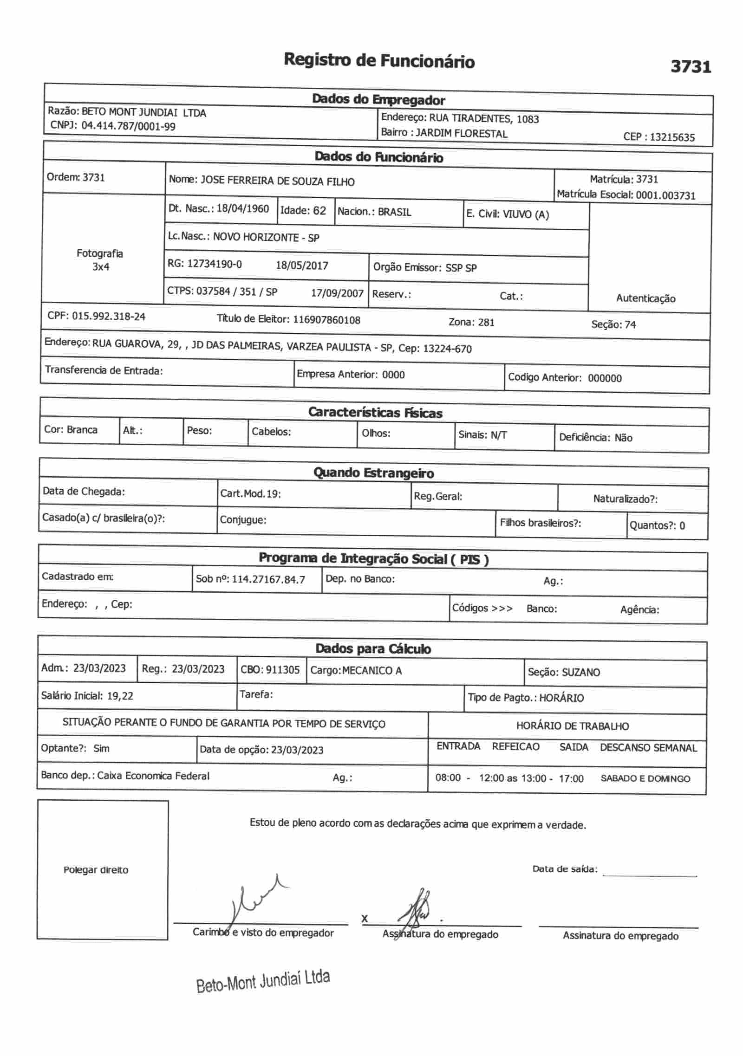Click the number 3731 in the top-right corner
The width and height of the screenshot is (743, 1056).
click(x=691, y=67)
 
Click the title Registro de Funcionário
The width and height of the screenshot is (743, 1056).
click(x=379, y=61)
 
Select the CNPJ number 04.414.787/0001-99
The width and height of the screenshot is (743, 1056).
click(x=129, y=126)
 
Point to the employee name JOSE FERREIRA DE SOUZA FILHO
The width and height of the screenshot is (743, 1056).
click(x=277, y=181)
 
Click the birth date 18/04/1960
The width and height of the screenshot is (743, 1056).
click(x=243, y=209)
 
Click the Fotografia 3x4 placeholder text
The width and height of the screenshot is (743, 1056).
click(x=100, y=260)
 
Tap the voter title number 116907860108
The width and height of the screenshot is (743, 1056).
click(x=326, y=320)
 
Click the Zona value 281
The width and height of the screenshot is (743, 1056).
click(x=486, y=322)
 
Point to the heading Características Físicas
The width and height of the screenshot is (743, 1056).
click(x=375, y=413)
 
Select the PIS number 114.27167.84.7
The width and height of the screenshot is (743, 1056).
click(x=268, y=579)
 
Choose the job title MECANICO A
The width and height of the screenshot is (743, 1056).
click(x=372, y=670)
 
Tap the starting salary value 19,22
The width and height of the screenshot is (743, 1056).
click(x=120, y=696)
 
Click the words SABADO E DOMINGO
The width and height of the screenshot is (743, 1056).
click(x=645, y=778)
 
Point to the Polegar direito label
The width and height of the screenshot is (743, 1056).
click(x=96, y=870)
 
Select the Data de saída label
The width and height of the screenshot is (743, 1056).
click(x=565, y=869)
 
